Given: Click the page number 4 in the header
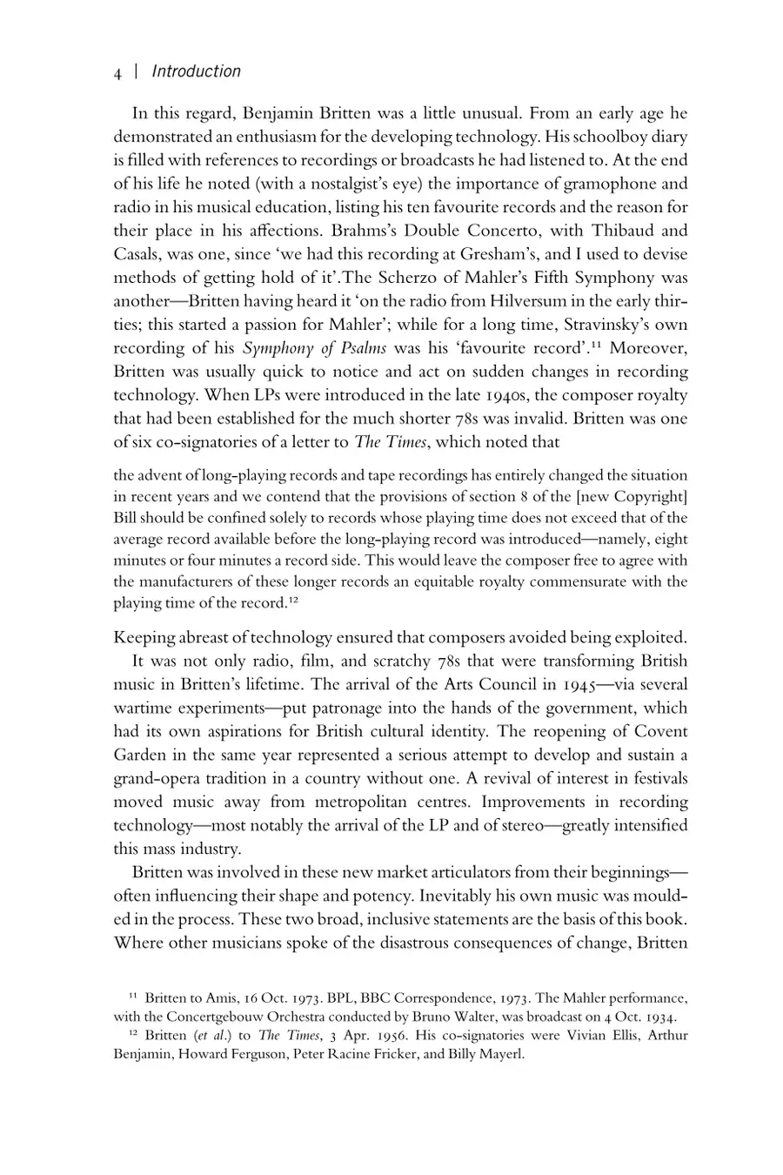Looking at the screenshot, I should (117, 73).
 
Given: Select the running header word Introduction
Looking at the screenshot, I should (196, 72).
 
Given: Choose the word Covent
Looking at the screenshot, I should (659, 731).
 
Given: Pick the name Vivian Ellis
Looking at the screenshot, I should (554, 1036).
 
